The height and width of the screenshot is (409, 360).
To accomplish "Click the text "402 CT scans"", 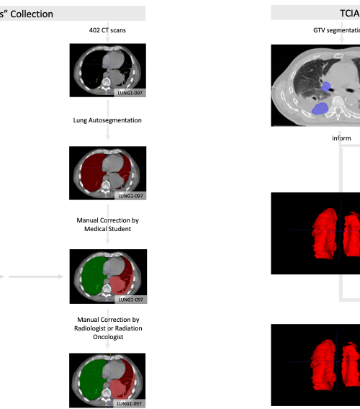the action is click(x=107, y=30).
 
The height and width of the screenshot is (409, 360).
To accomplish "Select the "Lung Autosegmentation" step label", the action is click(x=107, y=120).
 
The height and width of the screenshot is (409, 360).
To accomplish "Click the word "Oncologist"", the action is click(x=108, y=337).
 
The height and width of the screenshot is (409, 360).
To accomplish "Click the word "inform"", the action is click(x=341, y=138).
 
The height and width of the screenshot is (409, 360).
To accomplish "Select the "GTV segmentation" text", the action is click(x=336, y=30).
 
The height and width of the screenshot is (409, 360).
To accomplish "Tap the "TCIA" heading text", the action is click(x=350, y=13).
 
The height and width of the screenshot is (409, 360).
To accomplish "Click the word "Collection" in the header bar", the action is click(x=32, y=14).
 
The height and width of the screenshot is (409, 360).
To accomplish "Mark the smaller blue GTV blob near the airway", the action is click(x=326, y=87).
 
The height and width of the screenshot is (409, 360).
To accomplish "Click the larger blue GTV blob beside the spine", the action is click(x=320, y=109).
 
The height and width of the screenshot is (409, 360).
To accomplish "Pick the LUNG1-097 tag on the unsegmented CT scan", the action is click(x=130, y=93).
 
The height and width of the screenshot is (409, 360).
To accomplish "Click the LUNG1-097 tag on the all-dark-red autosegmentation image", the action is click(x=130, y=196).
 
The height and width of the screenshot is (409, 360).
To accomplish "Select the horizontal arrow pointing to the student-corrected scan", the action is click(x=36, y=277).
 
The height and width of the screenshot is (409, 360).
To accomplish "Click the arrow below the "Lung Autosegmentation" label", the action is click(x=108, y=132).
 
